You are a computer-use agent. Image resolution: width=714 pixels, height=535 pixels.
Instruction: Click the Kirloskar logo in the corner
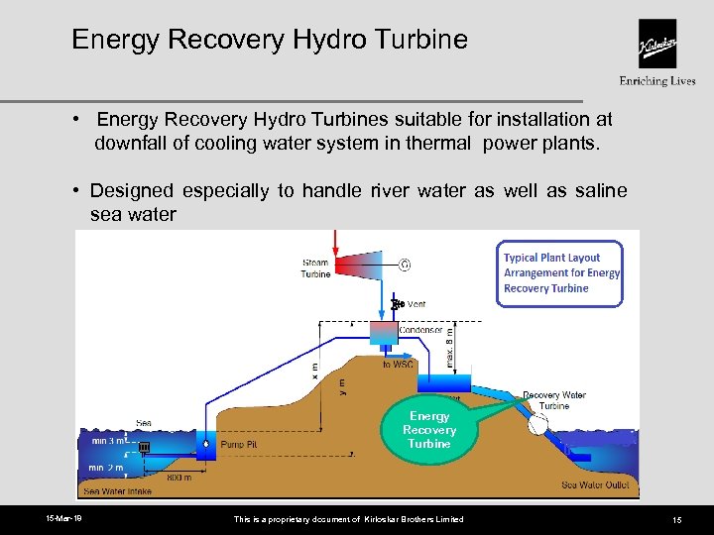(x=657, y=44)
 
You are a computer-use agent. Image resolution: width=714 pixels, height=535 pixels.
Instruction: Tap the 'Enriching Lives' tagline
(x=657, y=81)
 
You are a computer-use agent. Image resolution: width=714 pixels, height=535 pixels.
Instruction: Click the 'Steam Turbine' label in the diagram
(x=315, y=268)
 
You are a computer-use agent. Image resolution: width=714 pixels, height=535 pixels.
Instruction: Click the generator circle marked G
(x=405, y=265)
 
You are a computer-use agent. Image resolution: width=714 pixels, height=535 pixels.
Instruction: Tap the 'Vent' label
(x=417, y=304)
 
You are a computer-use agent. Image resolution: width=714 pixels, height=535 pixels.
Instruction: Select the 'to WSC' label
(x=398, y=365)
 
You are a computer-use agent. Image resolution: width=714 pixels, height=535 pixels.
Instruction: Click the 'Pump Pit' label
(x=238, y=446)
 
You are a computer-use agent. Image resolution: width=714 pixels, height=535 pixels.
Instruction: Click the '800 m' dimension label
(x=178, y=478)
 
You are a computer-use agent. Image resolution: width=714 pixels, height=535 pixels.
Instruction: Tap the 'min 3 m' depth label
(x=108, y=441)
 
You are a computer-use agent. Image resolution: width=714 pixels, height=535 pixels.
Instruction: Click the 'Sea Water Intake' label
(x=118, y=491)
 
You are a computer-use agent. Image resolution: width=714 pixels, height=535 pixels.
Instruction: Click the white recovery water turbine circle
(x=539, y=424)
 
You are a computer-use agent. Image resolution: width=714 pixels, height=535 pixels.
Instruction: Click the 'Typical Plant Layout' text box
(x=560, y=273)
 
